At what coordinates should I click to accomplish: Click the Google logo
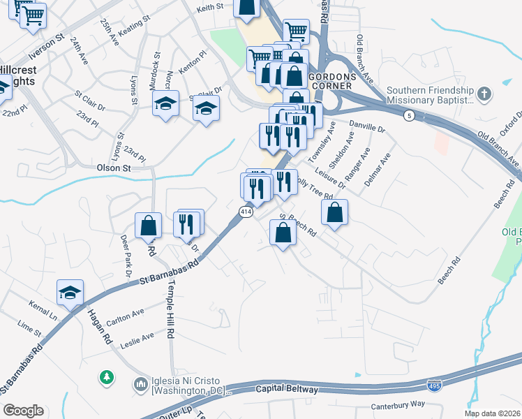[23, 411]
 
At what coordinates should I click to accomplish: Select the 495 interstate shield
[433, 385]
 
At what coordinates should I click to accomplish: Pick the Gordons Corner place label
[332, 80]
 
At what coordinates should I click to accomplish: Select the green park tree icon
[106, 377]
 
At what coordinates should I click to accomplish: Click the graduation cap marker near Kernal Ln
[70, 293]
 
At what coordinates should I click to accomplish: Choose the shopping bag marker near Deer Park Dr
[148, 225]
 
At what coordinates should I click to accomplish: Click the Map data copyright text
[493, 413]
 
